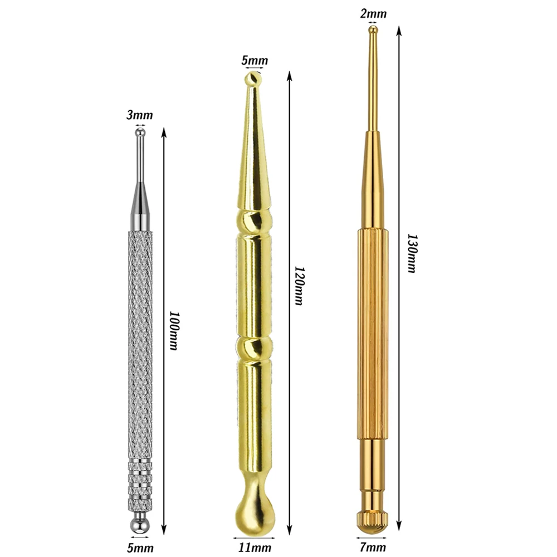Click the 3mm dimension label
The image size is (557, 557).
click(139, 115)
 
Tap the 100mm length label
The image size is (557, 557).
click(174, 330)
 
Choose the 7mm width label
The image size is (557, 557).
click(370, 548)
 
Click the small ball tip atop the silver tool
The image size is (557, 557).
click(140, 133)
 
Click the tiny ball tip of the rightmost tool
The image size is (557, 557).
click(373, 30)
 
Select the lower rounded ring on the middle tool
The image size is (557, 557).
click(255, 348)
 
